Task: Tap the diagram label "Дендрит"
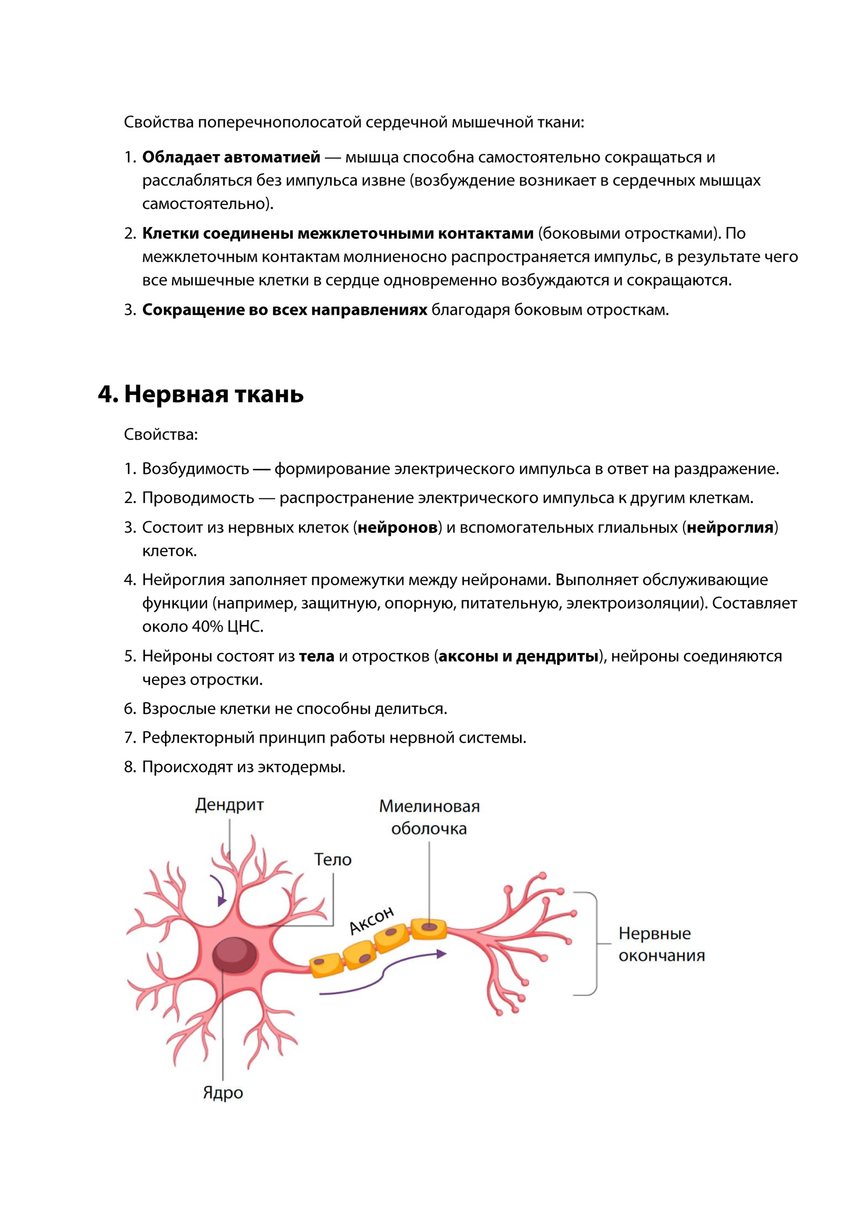(x=229, y=805)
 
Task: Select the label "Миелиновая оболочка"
(x=429, y=817)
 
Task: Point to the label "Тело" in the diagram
(x=333, y=859)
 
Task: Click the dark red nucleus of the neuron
(x=234, y=955)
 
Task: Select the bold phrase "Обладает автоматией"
(x=231, y=158)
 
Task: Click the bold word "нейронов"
(x=397, y=527)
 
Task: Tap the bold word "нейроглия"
(x=729, y=527)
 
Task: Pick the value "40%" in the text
(x=207, y=626)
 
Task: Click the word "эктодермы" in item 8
(x=301, y=767)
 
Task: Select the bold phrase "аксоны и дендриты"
(x=518, y=656)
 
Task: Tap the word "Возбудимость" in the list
(x=195, y=469)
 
